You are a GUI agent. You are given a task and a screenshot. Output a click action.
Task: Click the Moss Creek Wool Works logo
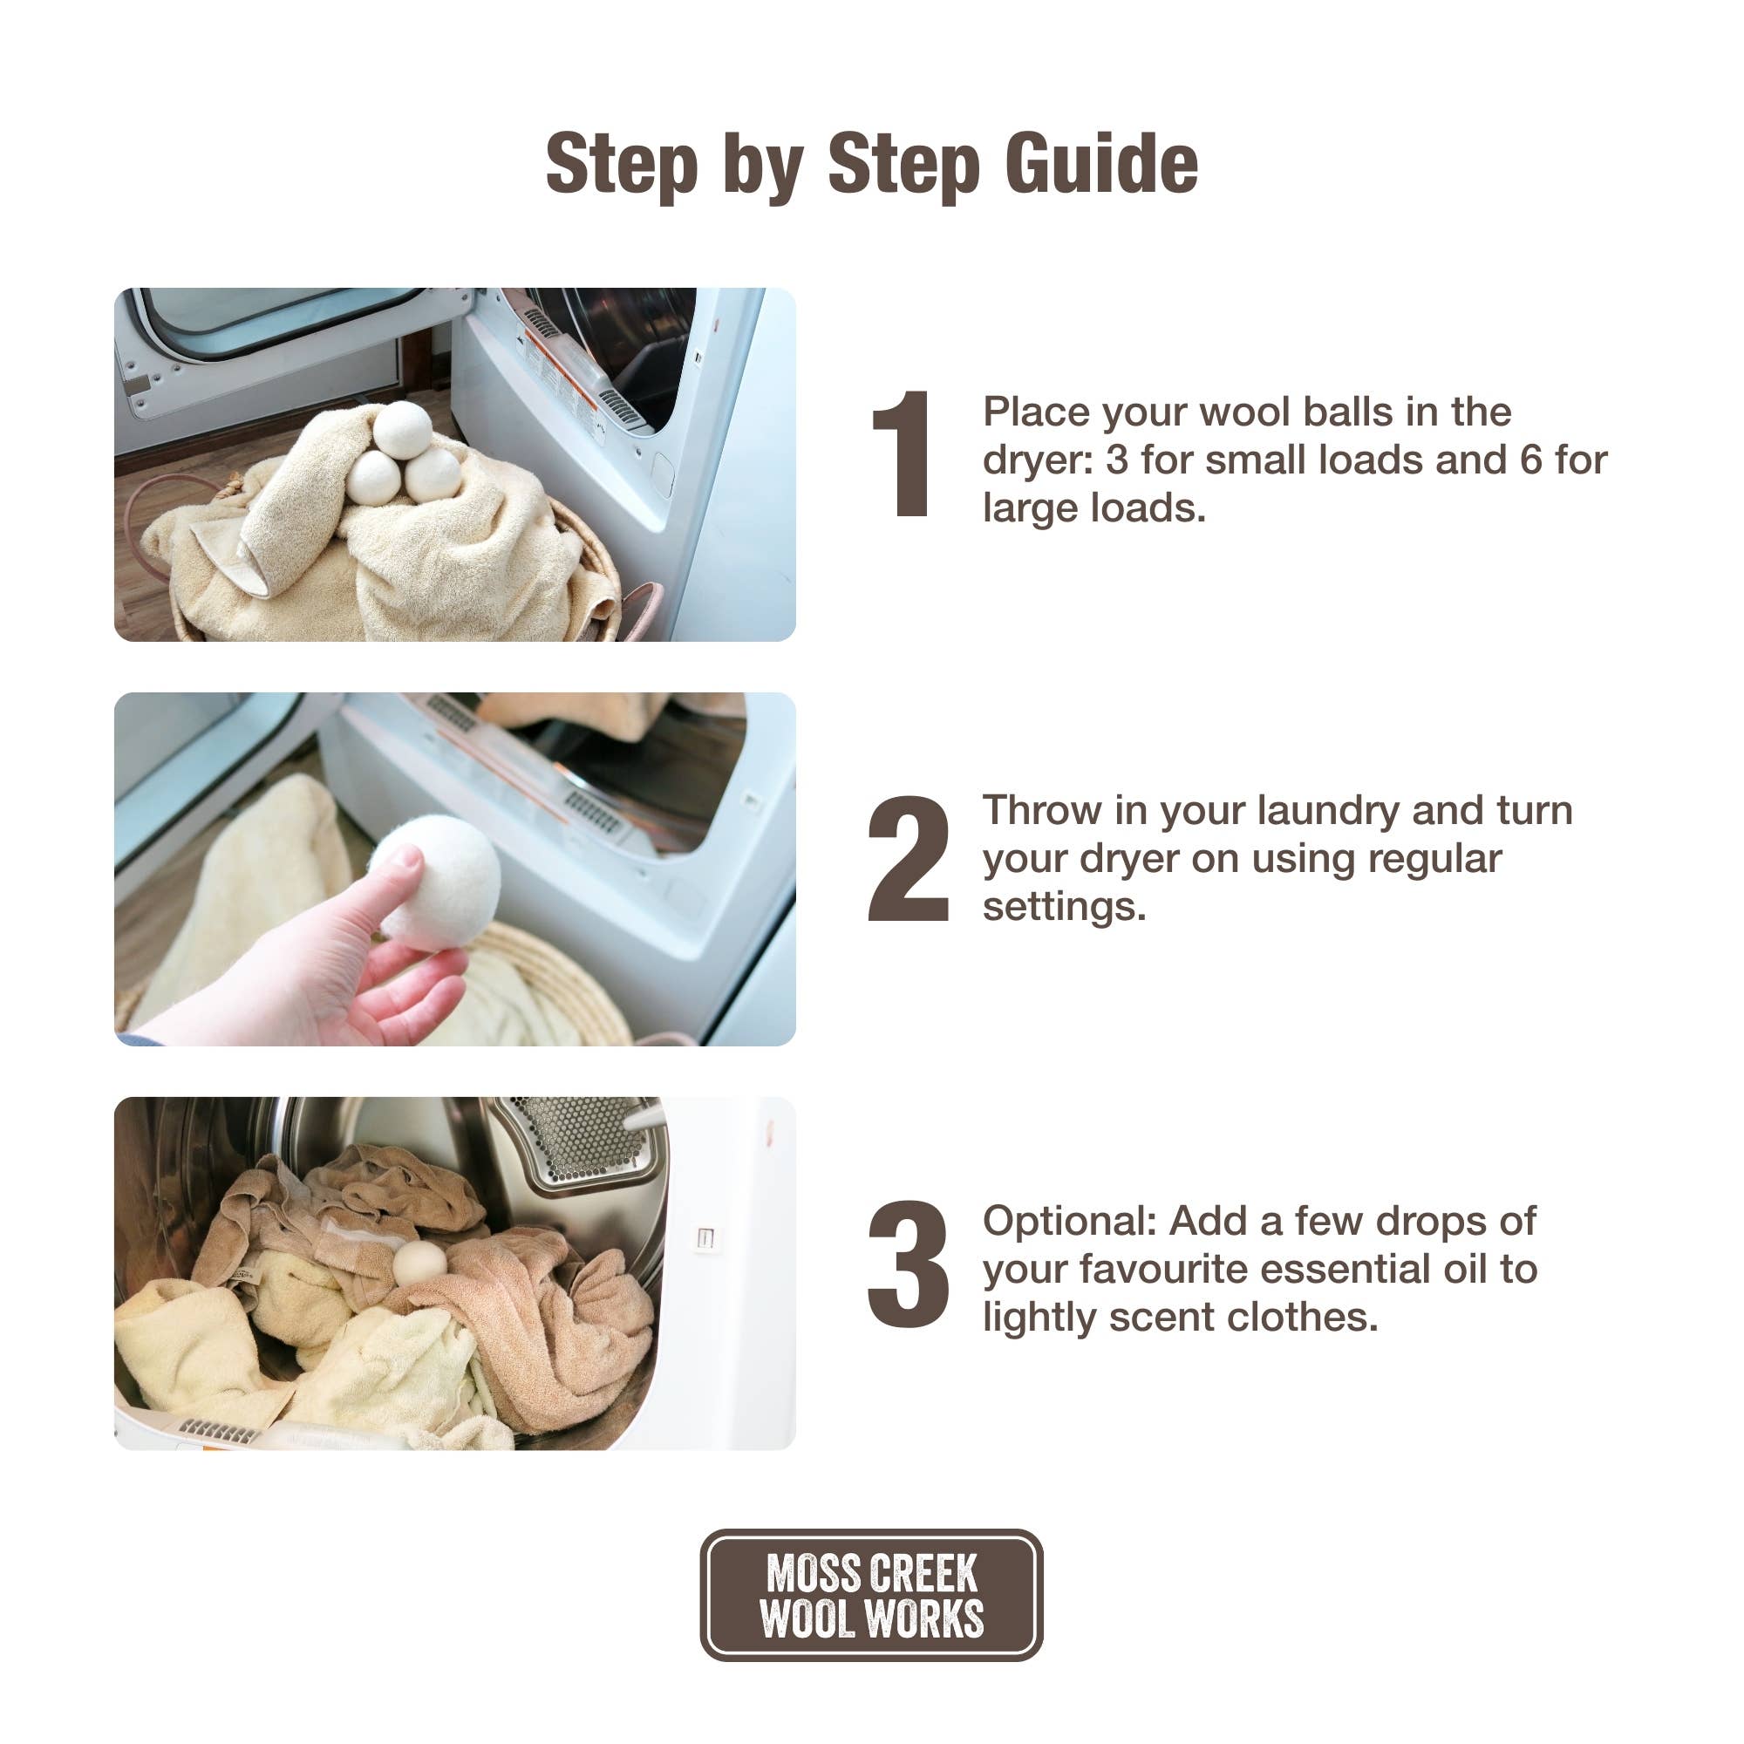click(871, 1595)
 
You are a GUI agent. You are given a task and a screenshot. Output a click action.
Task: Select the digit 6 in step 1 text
click(1531, 460)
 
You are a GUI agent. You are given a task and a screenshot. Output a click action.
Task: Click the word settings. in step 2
click(1064, 907)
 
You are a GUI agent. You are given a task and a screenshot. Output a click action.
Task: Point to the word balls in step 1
click(1336, 412)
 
